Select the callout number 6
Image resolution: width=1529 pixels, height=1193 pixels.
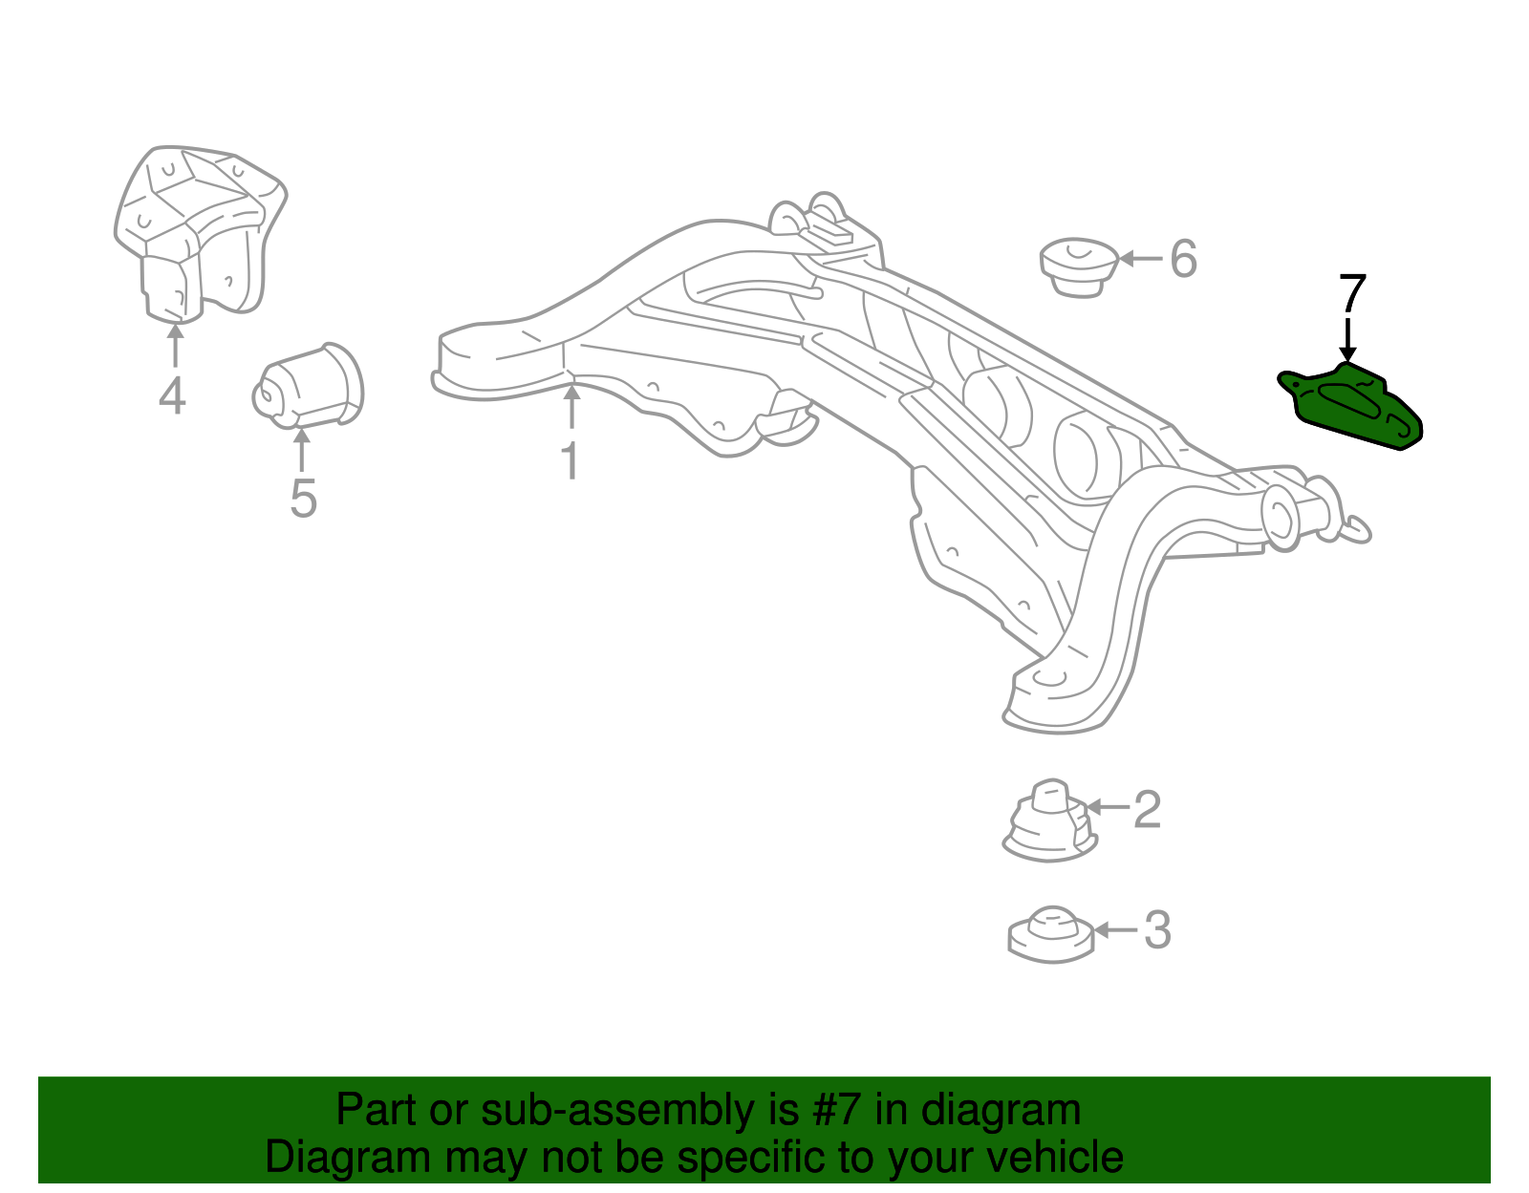point(1183,259)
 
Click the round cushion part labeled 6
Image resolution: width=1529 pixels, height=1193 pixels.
point(1079,266)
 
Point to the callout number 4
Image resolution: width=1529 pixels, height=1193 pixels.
point(172,395)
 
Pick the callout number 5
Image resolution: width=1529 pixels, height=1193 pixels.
point(303,499)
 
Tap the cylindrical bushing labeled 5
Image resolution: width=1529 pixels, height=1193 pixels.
point(309,386)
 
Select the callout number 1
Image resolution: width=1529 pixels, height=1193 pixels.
point(570,461)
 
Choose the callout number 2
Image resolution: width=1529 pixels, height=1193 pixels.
point(1147,810)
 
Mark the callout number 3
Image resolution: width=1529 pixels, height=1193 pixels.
point(1157,930)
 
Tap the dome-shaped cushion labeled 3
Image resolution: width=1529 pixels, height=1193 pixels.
point(1050,934)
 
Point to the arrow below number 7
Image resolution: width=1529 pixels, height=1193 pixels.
point(1348,340)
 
